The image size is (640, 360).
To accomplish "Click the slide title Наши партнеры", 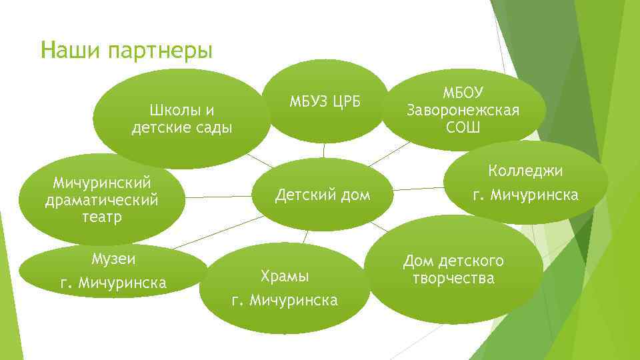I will (126, 50).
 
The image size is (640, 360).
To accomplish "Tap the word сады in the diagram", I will (213, 127).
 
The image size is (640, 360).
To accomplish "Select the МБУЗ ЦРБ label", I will (325, 101).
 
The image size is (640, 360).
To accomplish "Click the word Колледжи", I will (526, 171).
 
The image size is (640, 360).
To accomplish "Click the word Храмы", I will (285, 276).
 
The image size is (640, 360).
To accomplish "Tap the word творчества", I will (453, 278).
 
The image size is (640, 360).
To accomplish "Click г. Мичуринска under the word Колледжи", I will (526, 195).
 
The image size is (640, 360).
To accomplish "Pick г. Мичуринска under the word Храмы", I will (285, 301).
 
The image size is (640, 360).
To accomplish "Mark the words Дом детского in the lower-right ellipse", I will (453, 261).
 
